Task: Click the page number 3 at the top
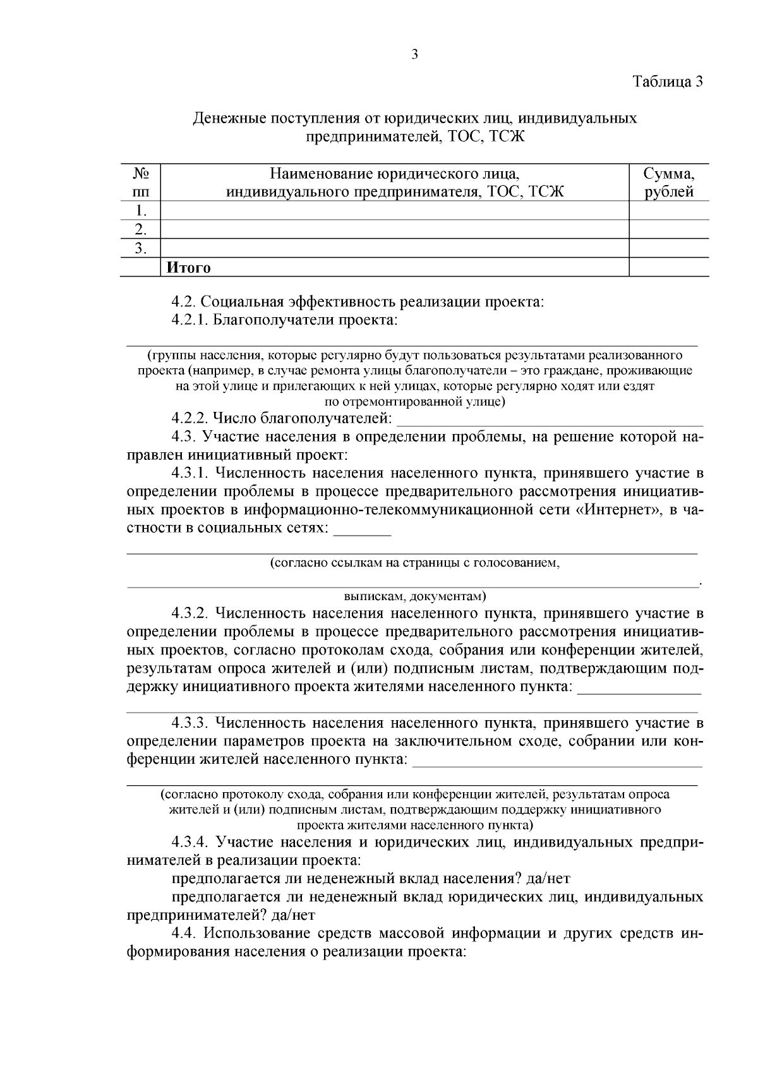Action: click(415, 54)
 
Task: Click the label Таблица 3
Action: click(668, 81)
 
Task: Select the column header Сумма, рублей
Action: click(669, 183)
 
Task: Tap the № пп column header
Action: click(140, 183)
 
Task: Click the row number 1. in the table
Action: click(140, 211)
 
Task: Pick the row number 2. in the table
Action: click(140, 229)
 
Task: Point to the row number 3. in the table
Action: click(140, 248)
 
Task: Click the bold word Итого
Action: click(188, 268)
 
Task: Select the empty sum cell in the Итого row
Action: click(669, 268)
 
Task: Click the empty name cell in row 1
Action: click(395, 211)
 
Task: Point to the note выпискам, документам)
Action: click(414, 596)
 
